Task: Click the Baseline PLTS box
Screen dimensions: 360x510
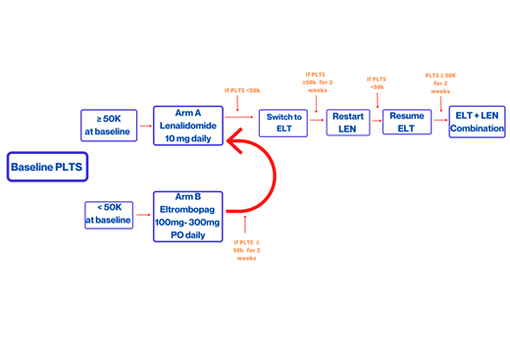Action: pos(47,167)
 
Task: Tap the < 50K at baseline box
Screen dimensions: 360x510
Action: pos(108,214)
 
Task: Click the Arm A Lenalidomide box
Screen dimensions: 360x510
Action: pos(187,126)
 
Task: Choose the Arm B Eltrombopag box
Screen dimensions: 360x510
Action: pos(187,216)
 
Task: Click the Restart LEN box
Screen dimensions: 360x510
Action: pos(346,123)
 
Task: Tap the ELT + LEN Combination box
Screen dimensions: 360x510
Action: pos(477,123)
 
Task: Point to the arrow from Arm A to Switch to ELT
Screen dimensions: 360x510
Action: pos(239,117)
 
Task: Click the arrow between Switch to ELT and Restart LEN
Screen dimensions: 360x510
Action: pos(317,122)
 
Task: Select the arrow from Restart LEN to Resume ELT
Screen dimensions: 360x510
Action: pos(376,122)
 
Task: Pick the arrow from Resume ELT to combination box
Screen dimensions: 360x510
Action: pos(439,122)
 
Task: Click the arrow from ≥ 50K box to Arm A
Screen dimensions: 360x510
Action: pos(146,125)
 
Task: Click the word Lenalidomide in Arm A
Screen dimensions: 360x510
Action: pos(187,126)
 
